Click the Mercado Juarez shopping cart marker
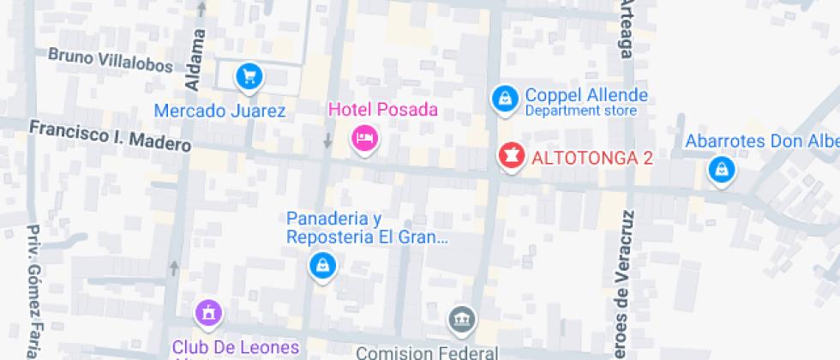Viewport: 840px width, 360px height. click(x=249, y=77)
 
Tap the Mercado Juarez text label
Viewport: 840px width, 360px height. click(x=219, y=111)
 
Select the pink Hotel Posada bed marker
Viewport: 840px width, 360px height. click(x=365, y=138)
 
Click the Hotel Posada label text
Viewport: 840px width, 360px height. click(x=383, y=110)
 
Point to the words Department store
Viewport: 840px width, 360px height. click(x=580, y=111)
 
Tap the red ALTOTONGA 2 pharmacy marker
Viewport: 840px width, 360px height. click(x=512, y=157)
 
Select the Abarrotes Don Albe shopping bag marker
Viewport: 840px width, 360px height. click(x=722, y=170)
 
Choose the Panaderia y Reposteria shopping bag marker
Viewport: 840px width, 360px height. click(x=322, y=266)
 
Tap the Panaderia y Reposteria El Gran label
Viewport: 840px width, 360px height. click(x=368, y=228)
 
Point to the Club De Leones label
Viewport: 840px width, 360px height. click(x=235, y=347)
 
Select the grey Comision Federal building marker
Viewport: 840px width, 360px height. click(x=461, y=321)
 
